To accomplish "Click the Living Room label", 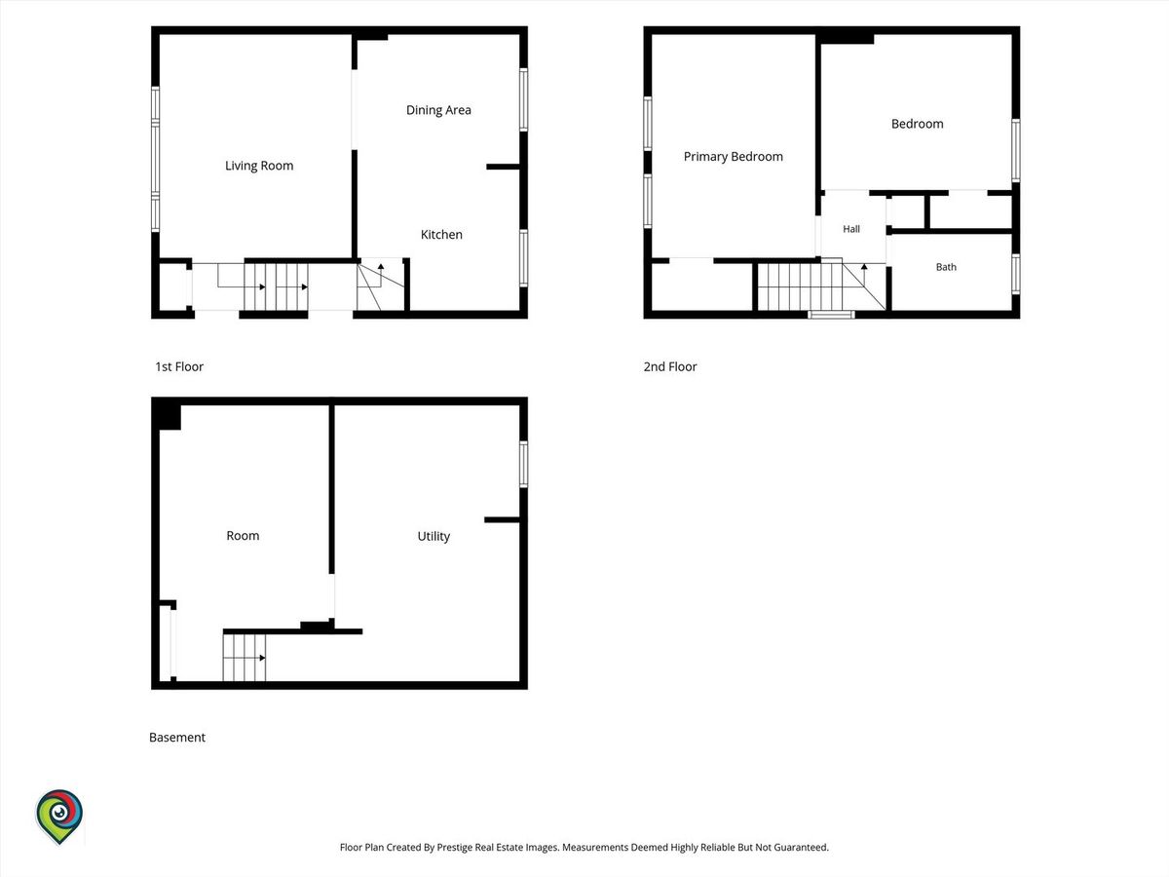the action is (x=259, y=166).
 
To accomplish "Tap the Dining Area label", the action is (x=438, y=110).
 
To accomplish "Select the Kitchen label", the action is (x=441, y=234).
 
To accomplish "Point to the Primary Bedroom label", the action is (x=733, y=157).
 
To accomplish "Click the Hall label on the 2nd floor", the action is (x=851, y=229).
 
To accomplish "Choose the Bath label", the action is (x=946, y=267).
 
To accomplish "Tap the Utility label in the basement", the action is (x=434, y=536).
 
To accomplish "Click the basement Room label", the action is (x=243, y=536).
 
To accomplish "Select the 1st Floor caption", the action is (x=179, y=367).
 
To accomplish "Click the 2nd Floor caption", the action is (x=670, y=367).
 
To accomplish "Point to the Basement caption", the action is (x=177, y=738).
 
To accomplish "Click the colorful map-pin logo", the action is (x=59, y=817).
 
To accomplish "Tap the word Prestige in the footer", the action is (x=454, y=847).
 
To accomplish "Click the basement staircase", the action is (x=244, y=658).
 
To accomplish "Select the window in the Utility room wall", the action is (x=523, y=464).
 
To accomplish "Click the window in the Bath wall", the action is (x=1016, y=274).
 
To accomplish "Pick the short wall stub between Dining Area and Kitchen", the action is (x=503, y=168).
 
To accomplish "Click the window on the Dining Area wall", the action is (x=523, y=99).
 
